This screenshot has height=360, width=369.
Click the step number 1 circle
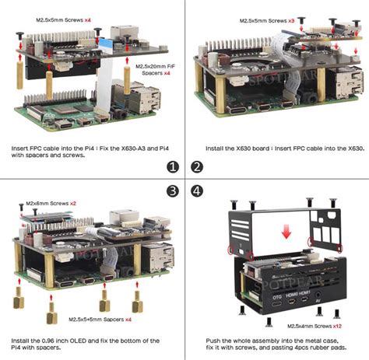(172, 166)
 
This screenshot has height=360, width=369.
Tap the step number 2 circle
(196, 166)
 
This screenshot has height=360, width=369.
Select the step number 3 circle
(172, 192)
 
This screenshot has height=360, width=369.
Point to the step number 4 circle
(196, 192)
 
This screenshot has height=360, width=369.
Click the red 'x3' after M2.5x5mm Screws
(291, 20)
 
